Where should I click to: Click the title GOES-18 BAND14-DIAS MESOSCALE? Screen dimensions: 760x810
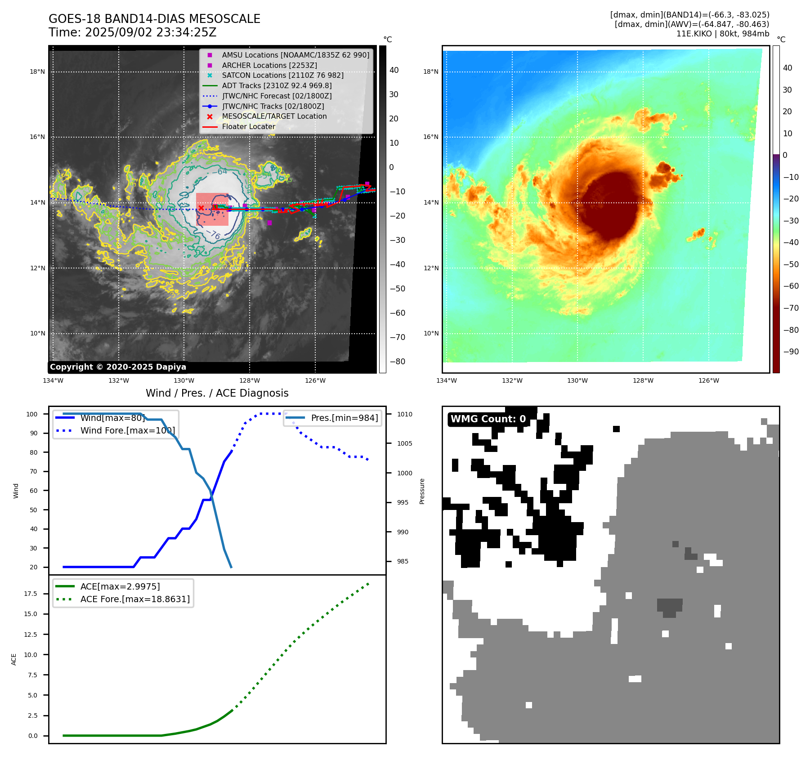(x=154, y=19)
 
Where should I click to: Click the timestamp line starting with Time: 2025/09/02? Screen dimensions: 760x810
(x=132, y=32)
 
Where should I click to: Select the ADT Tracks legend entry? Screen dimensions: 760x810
(x=277, y=85)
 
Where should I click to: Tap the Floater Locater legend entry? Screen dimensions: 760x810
(x=248, y=127)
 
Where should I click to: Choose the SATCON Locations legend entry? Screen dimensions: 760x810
(x=282, y=75)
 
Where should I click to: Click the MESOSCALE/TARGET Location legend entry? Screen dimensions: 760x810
(x=274, y=116)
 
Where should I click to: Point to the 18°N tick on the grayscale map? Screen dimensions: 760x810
(x=37, y=72)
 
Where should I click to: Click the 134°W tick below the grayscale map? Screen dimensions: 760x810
(x=53, y=381)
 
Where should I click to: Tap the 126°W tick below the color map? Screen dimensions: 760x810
(x=708, y=381)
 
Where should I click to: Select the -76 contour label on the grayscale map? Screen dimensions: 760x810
(x=215, y=235)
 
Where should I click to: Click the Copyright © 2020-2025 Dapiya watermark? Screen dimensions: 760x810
(x=118, y=367)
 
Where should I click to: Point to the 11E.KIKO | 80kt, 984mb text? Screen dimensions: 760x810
(x=722, y=34)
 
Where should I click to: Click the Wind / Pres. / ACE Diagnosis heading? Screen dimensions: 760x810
(x=217, y=393)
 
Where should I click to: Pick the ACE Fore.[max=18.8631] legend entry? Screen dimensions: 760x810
(x=135, y=599)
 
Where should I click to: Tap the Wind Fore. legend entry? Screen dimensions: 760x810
(x=127, y=430)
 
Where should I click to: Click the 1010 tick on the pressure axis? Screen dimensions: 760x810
(x=404, y=414)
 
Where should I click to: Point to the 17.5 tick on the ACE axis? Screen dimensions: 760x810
(x=31, y=594)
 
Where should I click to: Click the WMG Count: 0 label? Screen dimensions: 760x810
(x=488, y=419)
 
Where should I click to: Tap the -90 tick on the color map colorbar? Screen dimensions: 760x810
(x=791, y=352)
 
